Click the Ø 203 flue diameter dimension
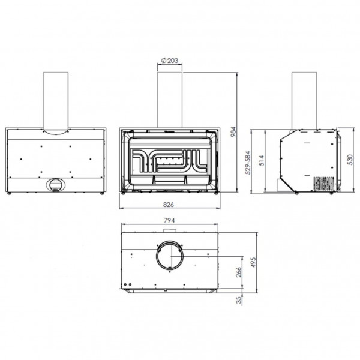pyautogui.click(x=170, y=61)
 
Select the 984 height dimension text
pyautogui.click(x=233, y=131)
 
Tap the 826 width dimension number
pyautogui.click(x=169, y=205)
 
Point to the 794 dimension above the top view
pyautogui.click(x=169, y=220)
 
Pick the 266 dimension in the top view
pyautogui.click(x=239, y=272)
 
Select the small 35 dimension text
pyautogui.click(x=239, y=300)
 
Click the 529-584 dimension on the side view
pyautogui.click(x=248, y=163)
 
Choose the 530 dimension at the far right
pyautogui.click(x=350, y=160)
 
